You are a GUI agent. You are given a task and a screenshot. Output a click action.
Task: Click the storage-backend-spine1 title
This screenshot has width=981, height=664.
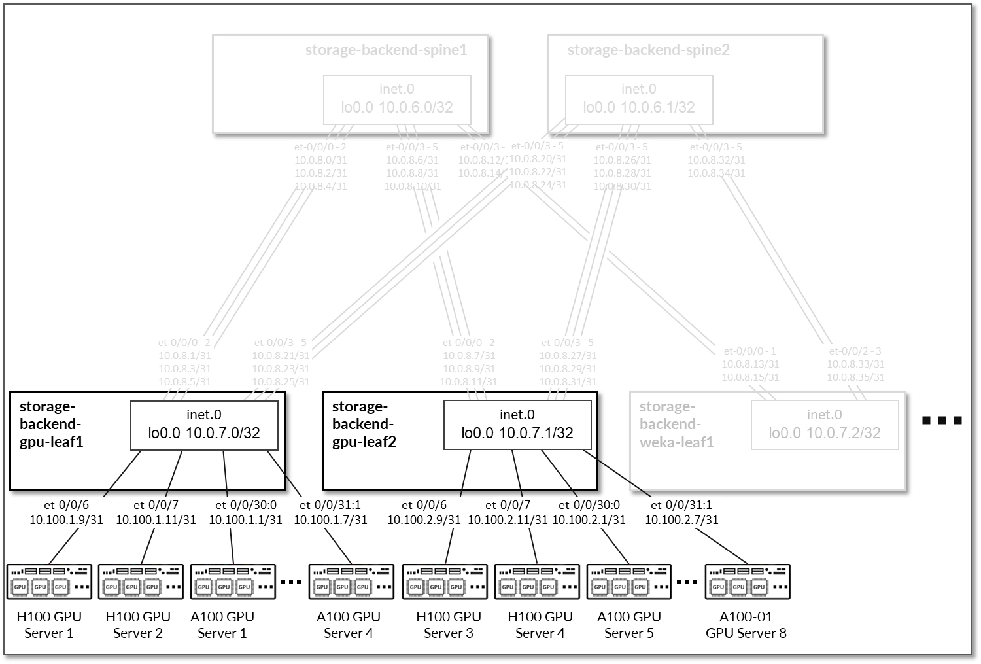(x=386, y=50)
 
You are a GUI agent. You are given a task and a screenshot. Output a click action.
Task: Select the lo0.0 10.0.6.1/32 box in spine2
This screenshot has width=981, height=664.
(x=639, y=99)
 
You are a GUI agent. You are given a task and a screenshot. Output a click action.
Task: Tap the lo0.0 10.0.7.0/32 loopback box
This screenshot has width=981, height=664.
(x=204, y=425)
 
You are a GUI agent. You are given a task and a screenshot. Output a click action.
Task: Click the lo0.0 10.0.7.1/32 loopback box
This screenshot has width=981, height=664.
(x=517, y=425)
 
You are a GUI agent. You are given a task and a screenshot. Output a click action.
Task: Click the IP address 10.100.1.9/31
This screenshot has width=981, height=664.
(x=66, y=520)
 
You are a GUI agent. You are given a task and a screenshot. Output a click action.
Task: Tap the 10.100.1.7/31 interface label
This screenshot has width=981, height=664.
(x=330, y=520)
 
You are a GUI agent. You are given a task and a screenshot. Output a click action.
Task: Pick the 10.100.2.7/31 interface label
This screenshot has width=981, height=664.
(x=681, y=520)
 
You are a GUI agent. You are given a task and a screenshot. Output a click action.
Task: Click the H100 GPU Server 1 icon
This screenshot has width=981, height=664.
(x=49, y=582)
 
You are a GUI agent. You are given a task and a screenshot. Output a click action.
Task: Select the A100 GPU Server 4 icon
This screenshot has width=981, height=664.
(x=351, y=582)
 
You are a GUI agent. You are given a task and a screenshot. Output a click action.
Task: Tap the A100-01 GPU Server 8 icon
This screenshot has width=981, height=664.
(x=747, y=582)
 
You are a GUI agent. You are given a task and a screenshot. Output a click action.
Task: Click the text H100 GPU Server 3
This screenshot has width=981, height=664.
(x=449, y=625)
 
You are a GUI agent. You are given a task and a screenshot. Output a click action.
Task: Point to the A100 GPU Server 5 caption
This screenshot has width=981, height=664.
(x=629, y=625)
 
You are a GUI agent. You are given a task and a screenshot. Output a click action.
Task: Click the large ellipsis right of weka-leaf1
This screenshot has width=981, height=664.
(x=942, y=421)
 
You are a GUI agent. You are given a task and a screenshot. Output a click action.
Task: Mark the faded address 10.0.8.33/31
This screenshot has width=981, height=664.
(x=855, y=364)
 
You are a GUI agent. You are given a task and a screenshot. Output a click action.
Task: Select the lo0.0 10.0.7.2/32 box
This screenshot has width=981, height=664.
(x=824, y=425)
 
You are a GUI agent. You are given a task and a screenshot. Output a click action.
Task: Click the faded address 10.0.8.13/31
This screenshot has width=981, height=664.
(x=750, y=364)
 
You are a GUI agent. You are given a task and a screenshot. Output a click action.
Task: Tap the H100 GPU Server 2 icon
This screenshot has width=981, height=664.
(x=141, y=582)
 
